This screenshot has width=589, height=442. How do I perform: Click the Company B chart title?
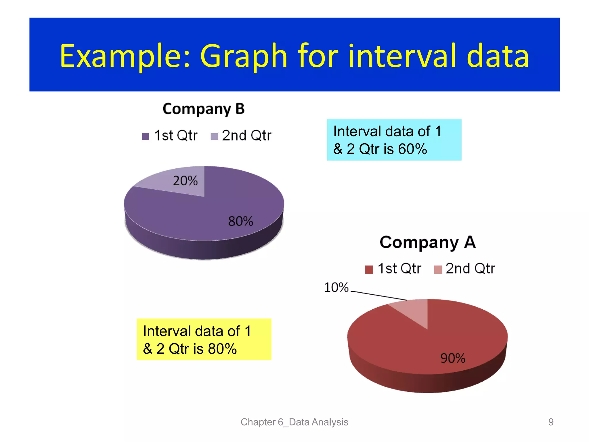pyautogui.click(x=204, y=109)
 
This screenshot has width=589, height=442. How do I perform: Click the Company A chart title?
pyautogui.click(x=428, y=242)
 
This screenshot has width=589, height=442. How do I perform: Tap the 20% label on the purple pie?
pyautogui.click(x=185, y=181)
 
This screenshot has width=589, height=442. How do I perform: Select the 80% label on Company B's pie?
pyautogui.click(x=240, y=221)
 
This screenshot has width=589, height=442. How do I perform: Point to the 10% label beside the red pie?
pyautogui.click(x=336, y=287)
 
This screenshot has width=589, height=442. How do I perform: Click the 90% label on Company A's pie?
pyautogui.click(x=453, y=358)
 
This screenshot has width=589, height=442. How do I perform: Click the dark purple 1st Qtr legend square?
pyautogui.click(x=146, y=136)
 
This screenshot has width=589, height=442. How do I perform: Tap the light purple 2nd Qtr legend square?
pyautogui.click(x=214, y=136)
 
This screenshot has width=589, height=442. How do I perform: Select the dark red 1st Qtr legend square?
pyautogui.click(x=369, y=269)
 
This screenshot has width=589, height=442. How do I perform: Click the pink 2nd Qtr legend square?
pyautogui.click(x=438, y=269)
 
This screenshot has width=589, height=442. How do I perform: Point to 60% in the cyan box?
pyautogui.click(x=412, y=149)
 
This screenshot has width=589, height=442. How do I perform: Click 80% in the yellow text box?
pyautogui.click(x=222, y=349)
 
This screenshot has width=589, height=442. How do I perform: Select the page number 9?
pyautogui.click(x=551, y=422)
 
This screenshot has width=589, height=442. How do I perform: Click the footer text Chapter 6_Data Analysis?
pyautogui.click(x=294, y=422)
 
